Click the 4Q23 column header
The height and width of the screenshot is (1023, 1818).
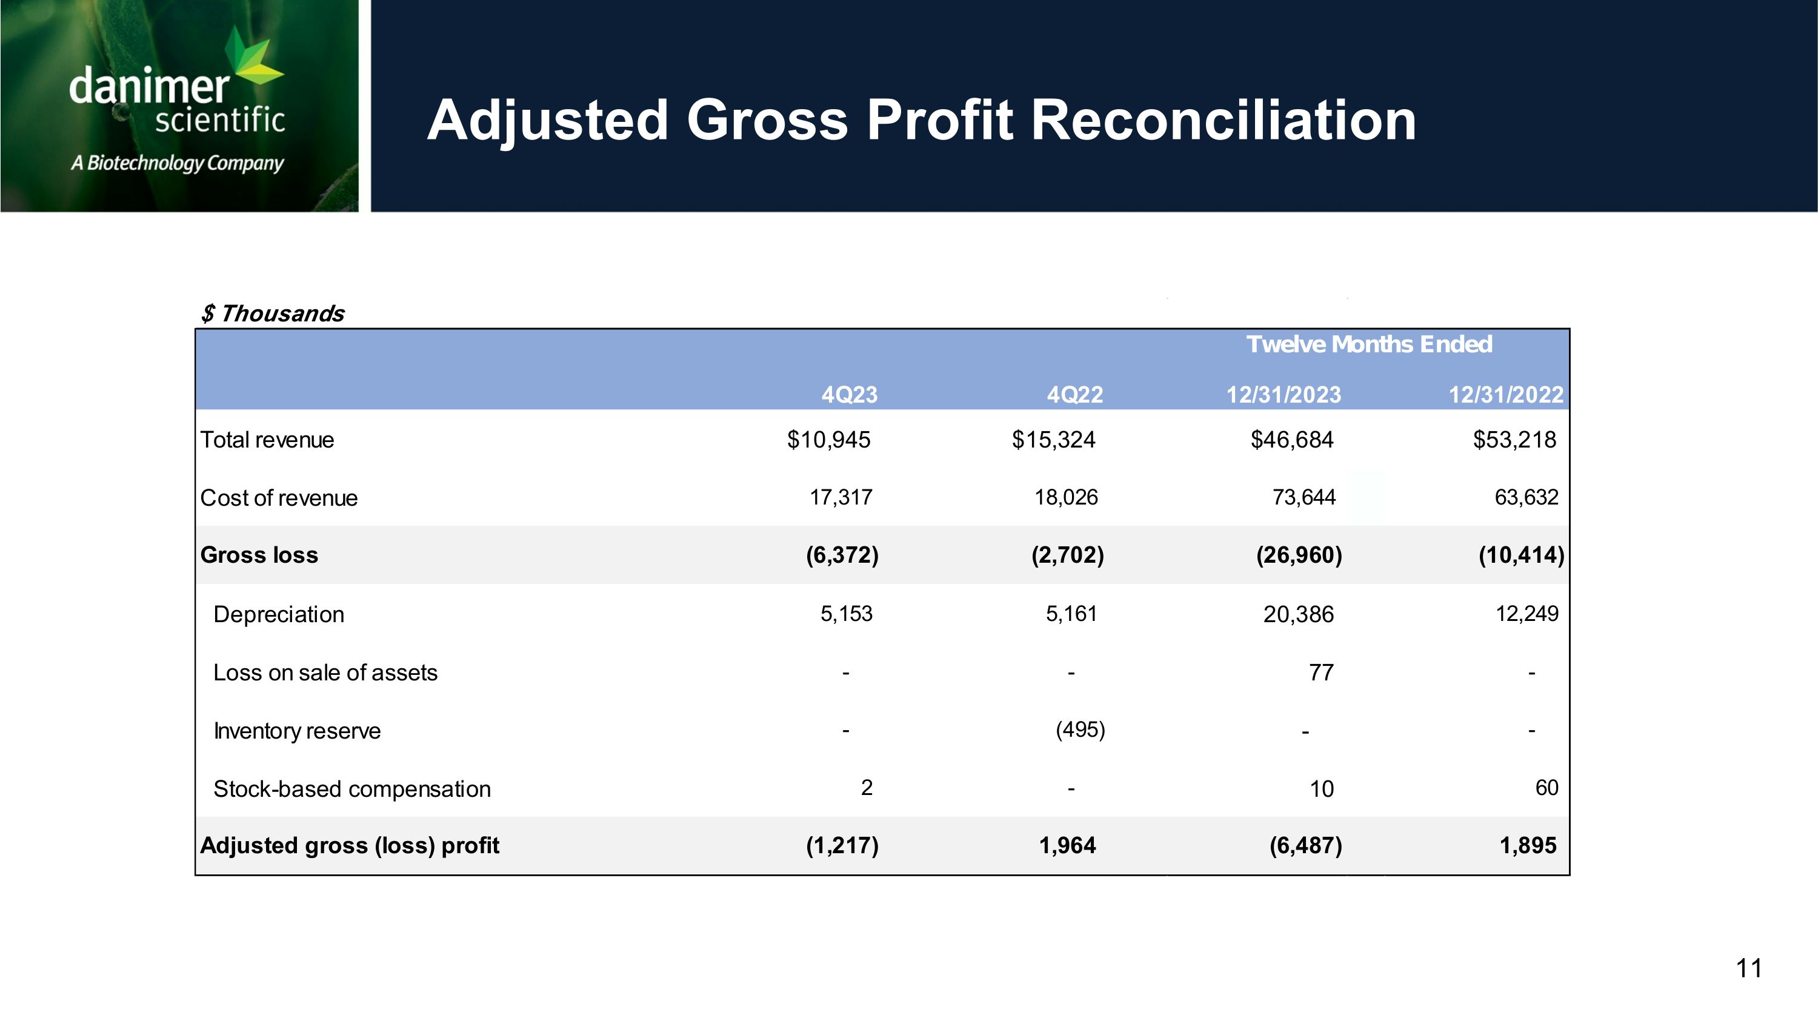(x=849, y=395)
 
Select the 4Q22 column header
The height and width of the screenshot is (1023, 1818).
(x=1074, y=395)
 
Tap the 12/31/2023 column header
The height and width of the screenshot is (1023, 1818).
(x=1284, y=395)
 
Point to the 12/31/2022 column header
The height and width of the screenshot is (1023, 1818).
(x=1506, y=395)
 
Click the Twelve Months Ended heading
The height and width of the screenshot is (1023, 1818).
(x=1369, y=344)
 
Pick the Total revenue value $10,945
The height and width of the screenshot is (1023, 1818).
(x=829, y=440)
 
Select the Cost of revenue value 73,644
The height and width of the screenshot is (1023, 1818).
(x=1304, y=498)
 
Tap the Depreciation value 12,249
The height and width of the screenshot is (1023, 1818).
(x=1527, y=614)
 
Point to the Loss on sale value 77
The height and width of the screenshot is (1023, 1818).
(x=1321, y=672)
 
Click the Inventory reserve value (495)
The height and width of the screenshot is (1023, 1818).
(x=1080, y=730)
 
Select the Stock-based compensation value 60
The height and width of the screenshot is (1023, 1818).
(x=1547, y=788)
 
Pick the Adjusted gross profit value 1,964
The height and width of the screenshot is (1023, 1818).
(x=1067, y=846)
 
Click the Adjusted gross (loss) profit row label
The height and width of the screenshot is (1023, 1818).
(x=349, y=846)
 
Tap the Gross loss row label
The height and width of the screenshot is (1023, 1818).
(x=259, y=555)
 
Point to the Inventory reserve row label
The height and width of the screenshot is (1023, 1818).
(x=296, y=731)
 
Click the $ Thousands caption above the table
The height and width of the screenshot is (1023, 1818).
(x=273, y=314)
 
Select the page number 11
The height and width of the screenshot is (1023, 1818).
(x=1749, y=968)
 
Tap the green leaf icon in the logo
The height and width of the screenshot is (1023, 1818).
(x=254, y=59)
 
